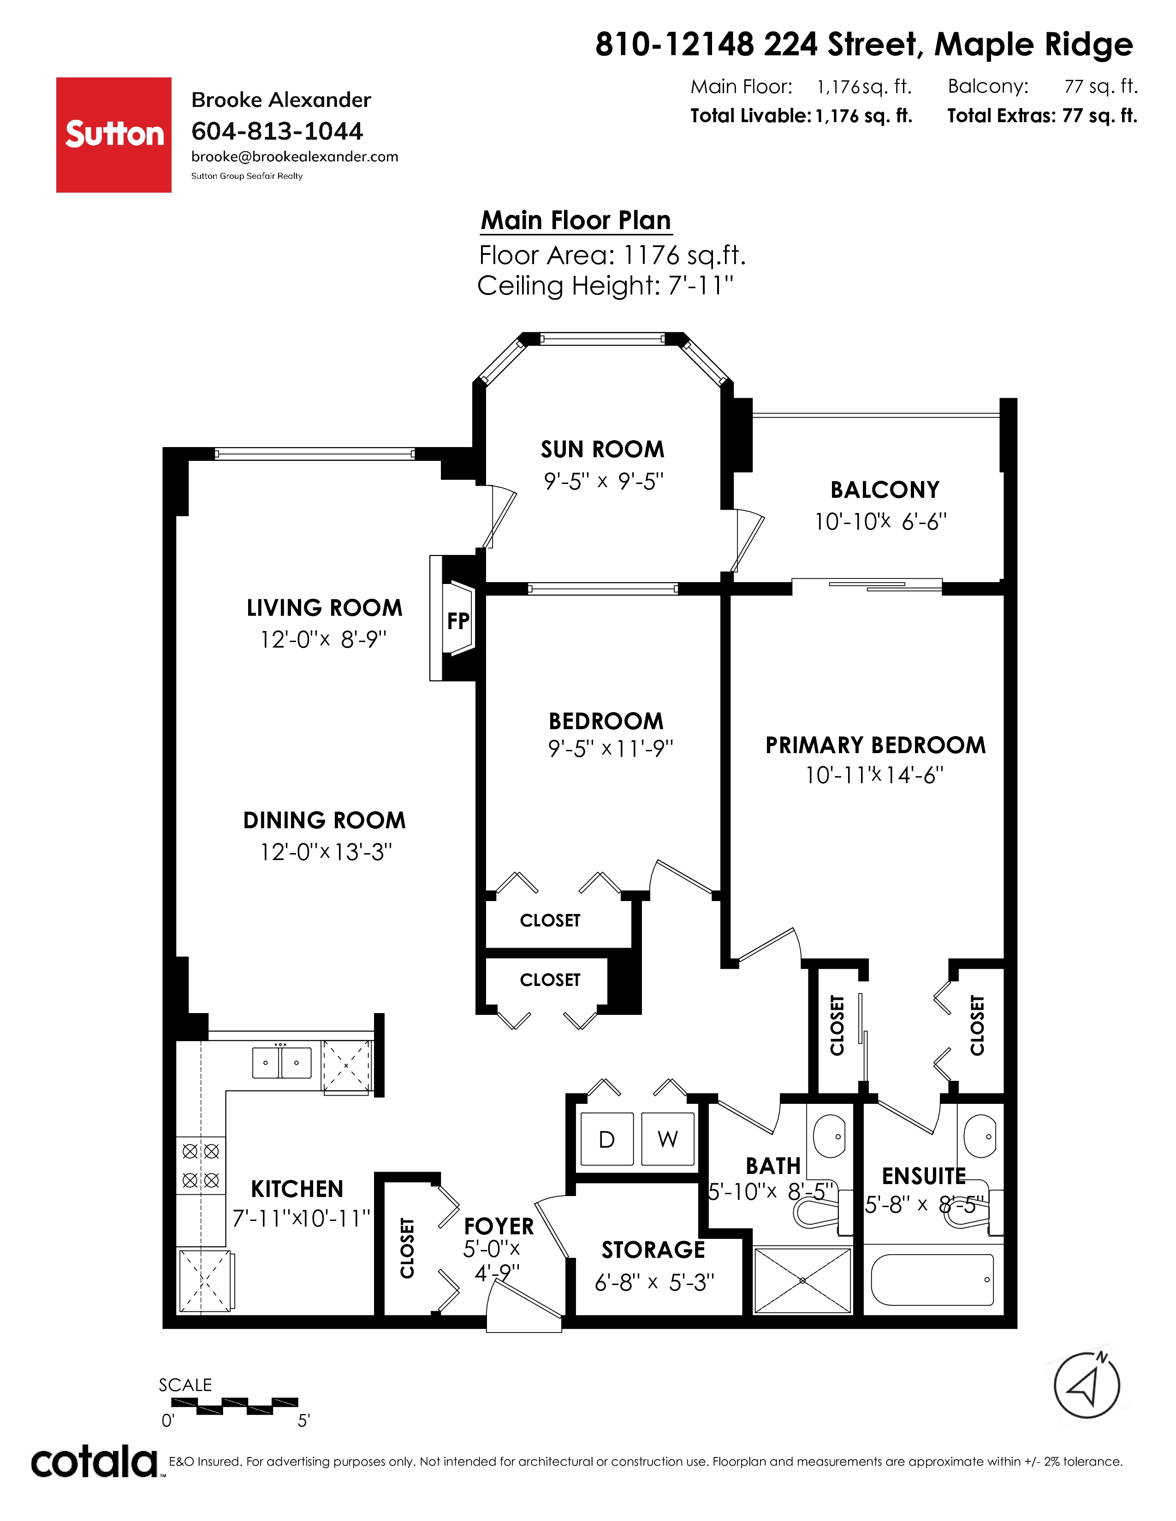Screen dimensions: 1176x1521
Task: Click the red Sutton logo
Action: (x=113, y=135)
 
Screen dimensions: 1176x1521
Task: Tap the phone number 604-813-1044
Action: (x=277, y=131)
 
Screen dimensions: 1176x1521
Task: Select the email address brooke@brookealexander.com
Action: (x=295, y=157)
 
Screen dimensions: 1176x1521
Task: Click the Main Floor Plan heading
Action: (x=576, y=220)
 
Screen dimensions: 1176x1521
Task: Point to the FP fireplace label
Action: (x=458, y=620)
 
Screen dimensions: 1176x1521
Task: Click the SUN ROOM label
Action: (x=603, y=449)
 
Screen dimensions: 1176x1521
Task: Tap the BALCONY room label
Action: (x=885, y=489)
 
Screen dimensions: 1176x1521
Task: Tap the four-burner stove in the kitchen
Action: (x=201, y=1166)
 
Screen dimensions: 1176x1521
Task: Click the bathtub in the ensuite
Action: (x=932, y=1279)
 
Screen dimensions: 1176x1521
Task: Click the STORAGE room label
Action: (x=653, y=1250)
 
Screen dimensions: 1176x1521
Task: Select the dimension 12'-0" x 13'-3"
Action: (x=326, y=852)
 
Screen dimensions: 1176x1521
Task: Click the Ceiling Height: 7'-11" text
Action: (x=606, y=286)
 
